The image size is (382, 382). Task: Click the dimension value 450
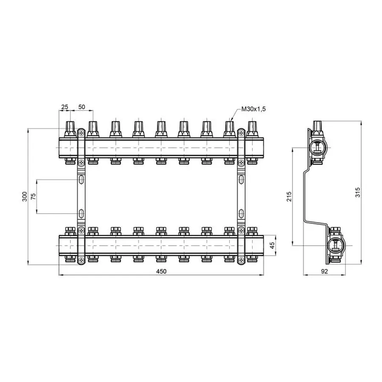tap(161, 271)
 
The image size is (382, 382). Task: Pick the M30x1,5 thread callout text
tap(253, 109)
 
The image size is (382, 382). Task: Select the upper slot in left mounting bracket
tap(80, 180)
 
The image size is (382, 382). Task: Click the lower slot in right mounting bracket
tap(241, 213)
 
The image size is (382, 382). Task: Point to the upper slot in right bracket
tap(241, 180)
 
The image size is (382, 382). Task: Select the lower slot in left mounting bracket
tap(80, 213)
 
